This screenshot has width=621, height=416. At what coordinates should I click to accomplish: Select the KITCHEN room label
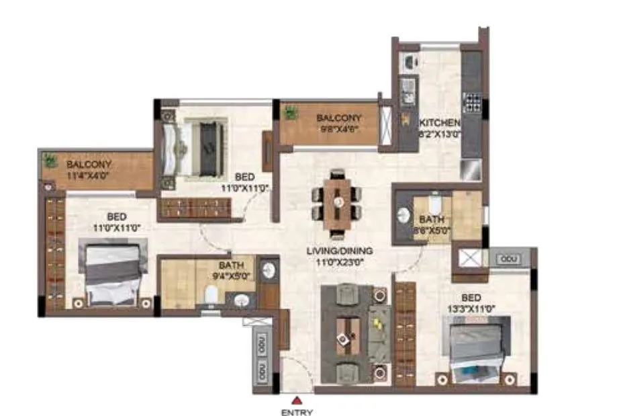[440, 123]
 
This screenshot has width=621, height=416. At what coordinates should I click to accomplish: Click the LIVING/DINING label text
[339, 251]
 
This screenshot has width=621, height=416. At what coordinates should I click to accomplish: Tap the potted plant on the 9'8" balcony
[291, 113]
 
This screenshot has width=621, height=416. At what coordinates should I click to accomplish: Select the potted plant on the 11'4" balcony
[50, 161]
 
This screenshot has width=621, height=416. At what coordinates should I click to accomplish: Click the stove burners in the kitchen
[472, 102]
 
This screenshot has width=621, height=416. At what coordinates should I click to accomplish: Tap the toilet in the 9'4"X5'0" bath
[211, 294]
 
